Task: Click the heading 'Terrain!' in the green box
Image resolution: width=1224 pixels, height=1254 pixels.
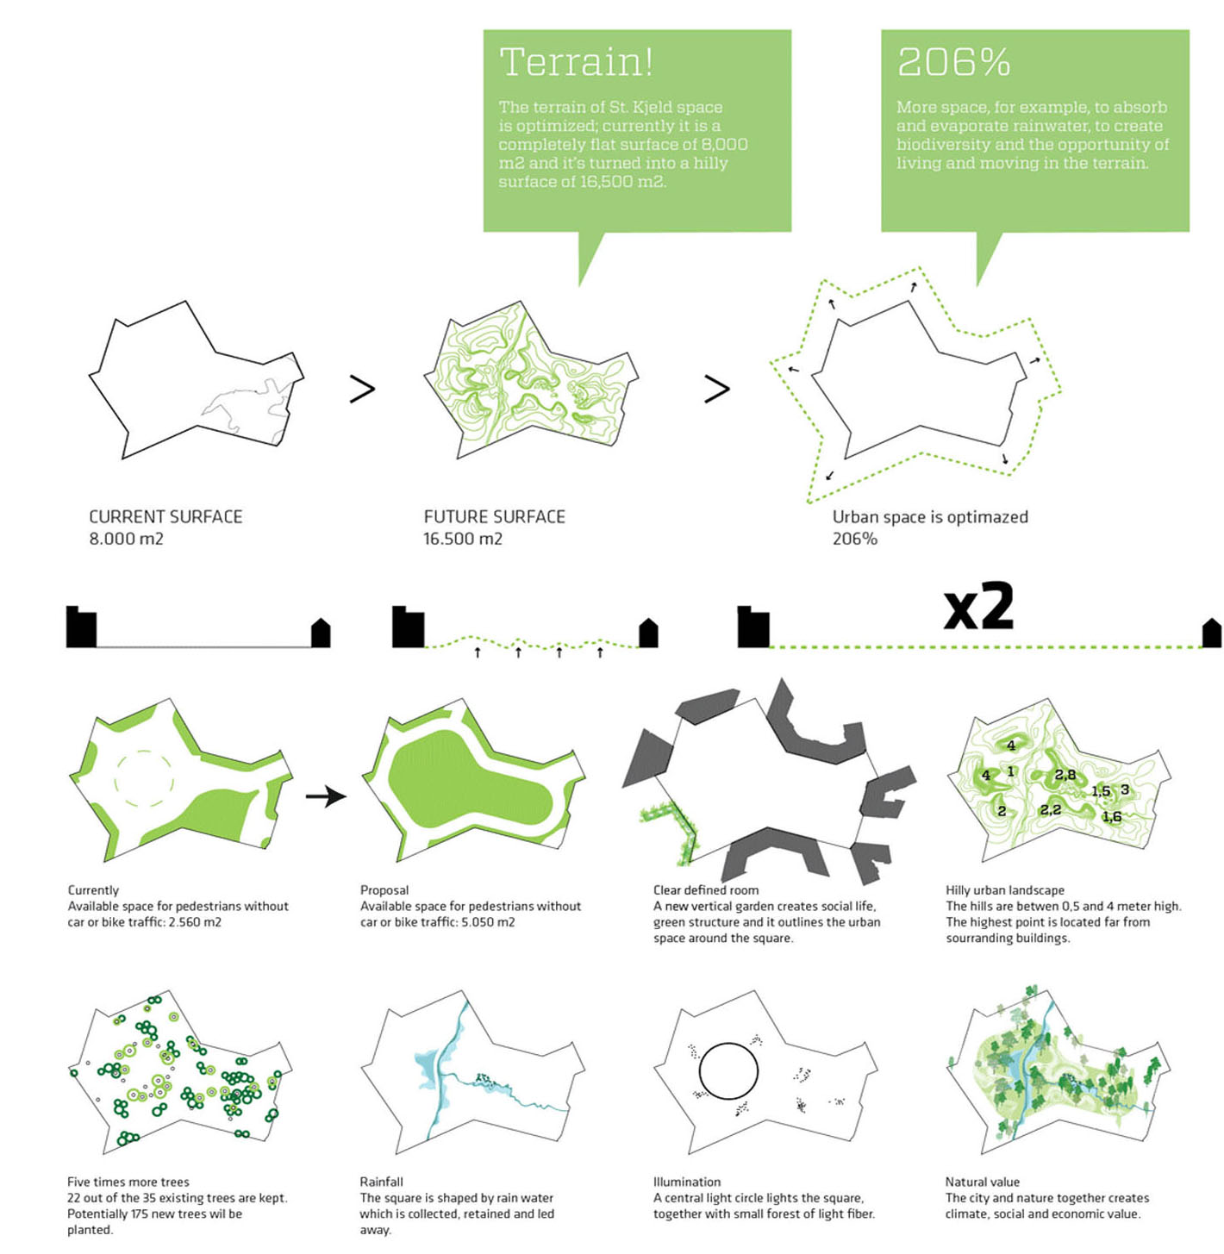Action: click(x=576, y=63)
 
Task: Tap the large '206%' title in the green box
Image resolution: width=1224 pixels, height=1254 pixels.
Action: click(x=952, y=63)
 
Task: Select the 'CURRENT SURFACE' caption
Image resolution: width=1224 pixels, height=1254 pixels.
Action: click(x=165, y=517)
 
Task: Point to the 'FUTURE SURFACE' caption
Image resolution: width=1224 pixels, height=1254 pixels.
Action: click(x=495, y=517)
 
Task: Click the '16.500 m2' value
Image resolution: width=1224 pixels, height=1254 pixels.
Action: click(x=462, y=539)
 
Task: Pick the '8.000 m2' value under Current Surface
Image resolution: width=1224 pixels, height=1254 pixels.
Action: click(x=127, y=539)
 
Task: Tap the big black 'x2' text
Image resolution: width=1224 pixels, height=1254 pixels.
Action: click(x=978, y=607)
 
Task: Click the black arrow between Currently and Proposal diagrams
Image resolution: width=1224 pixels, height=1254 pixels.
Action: click(x=326, y=796)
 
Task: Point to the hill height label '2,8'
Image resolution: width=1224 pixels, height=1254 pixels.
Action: click(x=1065, y=775)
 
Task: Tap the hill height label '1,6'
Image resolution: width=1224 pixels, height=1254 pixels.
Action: click(x=1112, y=817)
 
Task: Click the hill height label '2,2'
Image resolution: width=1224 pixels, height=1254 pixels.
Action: click(x=1050, y=809)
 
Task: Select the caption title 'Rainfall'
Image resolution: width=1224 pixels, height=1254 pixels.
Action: click(x=382, y=1182)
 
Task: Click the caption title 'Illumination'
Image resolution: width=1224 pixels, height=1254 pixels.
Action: click(x=687, y=1182)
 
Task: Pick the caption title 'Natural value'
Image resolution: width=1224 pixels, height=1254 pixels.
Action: click(x=983, y=1182)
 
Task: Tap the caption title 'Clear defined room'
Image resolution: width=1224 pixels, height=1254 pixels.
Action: click(x=706, y=890)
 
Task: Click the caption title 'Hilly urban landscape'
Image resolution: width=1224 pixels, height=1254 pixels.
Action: click(x=1005, y=890)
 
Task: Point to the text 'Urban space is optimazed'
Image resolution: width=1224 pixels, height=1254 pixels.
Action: click(x=930, y=517)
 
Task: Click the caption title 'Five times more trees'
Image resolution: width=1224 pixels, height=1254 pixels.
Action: click(x=128, y=1182)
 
